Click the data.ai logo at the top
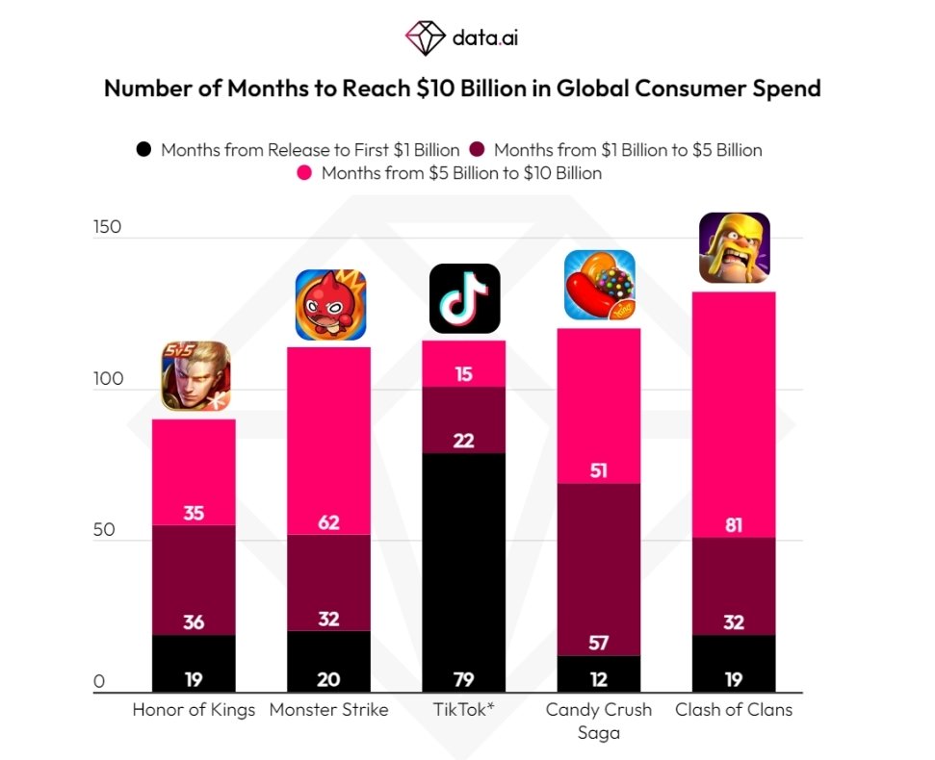click(466, 38)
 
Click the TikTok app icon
click(464, 298)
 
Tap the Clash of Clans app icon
click(734, 247)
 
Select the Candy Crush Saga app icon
click(599, 284)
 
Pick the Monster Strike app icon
click(330, 304)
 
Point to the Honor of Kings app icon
click(195, 376)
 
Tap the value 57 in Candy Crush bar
click(598, 643)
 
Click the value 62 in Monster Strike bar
click(328, 523)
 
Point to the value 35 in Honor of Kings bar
click(194, 513)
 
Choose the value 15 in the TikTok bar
click(463, 373)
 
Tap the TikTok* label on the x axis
click(464, 710)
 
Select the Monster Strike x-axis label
click(328, 710)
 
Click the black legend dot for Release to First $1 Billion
click(144, 150)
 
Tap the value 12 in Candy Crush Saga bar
click(598, 679)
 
